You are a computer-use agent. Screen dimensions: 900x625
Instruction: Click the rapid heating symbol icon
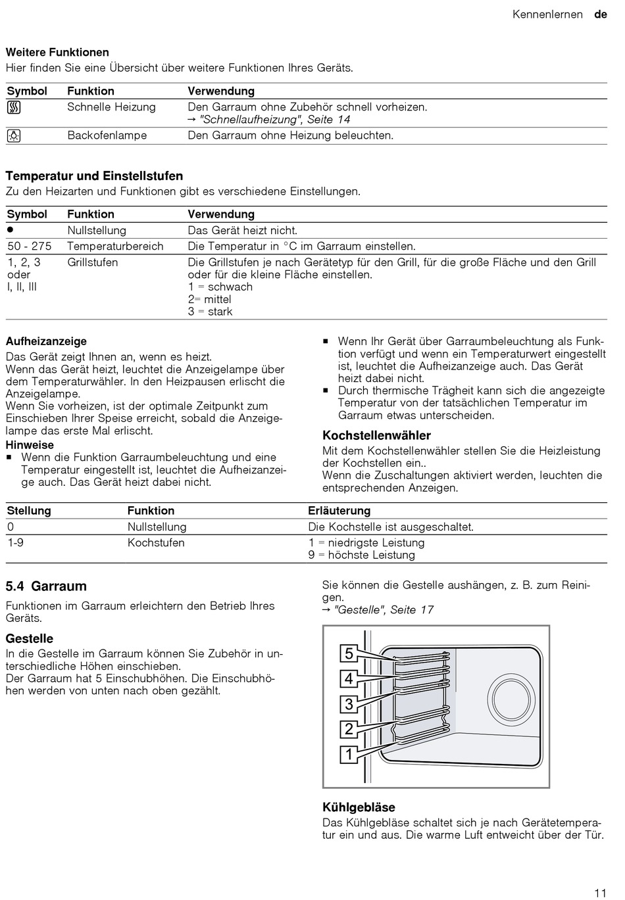pyautogui.click(x=14, y=108)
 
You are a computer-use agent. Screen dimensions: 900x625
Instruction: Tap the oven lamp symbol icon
pyautogui.click(x=14, y=136)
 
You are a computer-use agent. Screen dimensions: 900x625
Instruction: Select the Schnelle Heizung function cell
pyautogui.click(x=111, y=107)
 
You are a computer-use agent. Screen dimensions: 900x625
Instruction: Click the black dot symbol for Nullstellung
pyautogui.click(x=11, y=229)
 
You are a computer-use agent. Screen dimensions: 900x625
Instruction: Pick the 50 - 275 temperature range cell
pyautogui.click(x=30, y=247)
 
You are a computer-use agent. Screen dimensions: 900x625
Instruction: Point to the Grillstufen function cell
pyautogui.click(x=93, y=262)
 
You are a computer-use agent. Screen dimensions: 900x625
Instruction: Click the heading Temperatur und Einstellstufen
pyautogui.click(x=94, y=176)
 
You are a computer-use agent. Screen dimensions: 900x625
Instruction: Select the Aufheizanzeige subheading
pyautogui.click(x=46, y=341)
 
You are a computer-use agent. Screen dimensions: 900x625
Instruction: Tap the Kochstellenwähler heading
pyautogui.click(x=376, y=435)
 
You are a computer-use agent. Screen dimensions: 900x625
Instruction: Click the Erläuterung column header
pyautogui.click(x=339, y=511)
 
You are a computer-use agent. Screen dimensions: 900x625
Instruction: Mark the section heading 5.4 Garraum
pyautogui.click(x=46, y=586)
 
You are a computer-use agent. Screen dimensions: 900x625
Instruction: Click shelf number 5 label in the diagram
pyautogui.click(x=349, y=653)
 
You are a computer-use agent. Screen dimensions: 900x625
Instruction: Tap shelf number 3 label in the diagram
pyautogui.click(x=349, y=704)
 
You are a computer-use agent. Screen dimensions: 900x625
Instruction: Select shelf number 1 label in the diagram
pyautogui.click(x=349, y=754)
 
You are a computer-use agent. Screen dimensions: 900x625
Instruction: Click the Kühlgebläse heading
pyautogui.click(x=359, y=807)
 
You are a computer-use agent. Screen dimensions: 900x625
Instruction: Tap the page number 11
pyautogui.click(x=599, y=893)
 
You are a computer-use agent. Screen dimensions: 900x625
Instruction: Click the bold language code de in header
pyautogui.click(x=600, y=14)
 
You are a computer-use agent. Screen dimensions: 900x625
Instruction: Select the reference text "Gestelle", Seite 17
pyautogui.click(x=384, y=610)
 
